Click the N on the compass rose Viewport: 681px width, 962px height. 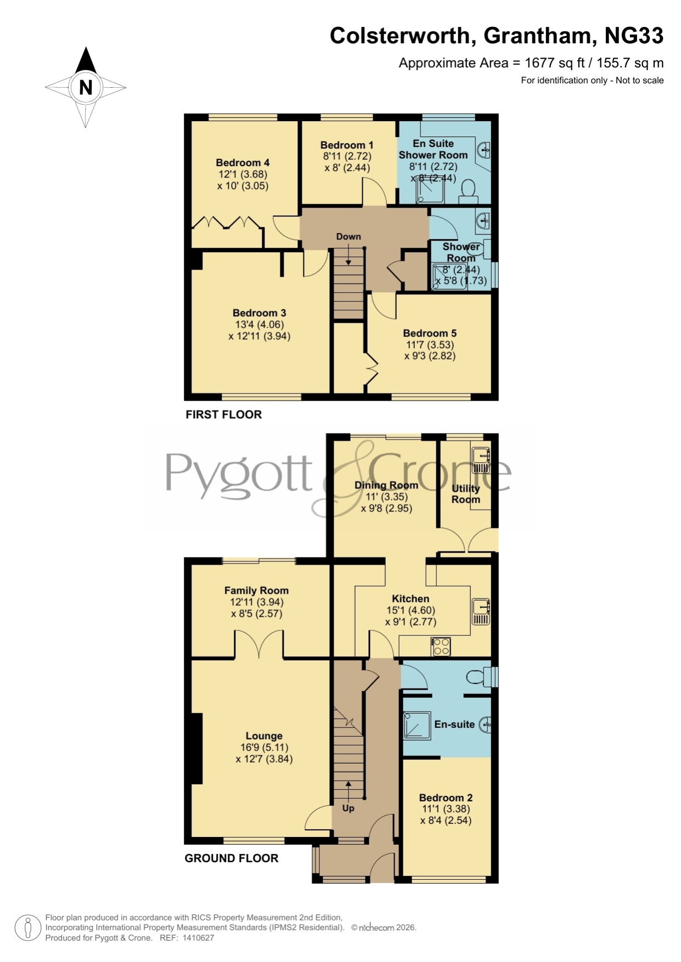point(86,87)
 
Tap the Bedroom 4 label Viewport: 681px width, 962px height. point(243,163)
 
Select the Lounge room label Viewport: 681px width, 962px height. point(264,736)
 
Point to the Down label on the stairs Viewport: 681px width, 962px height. point(348,237)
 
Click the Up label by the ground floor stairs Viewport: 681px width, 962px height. point(348,808)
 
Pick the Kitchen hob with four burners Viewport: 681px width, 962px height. point(441,646)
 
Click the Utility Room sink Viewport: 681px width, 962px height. point(481,460)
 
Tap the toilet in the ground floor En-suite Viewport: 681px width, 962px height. point(477,678)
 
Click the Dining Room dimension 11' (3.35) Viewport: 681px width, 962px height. point(386,497)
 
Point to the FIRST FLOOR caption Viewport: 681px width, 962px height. point(223,415)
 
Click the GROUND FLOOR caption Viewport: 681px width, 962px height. point(232,858)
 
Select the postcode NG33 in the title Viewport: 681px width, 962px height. point(634,36)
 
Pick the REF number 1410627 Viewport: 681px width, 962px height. point(199,938)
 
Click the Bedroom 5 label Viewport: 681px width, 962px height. point(430,333)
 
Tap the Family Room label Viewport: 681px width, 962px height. point(256,590)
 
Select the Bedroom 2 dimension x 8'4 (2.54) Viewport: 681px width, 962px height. point(446,821)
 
